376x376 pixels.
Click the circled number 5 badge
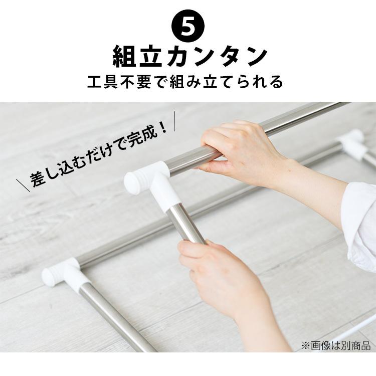coord(187,27)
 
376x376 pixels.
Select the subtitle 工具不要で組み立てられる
coord(187,82)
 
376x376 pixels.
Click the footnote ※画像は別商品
coord(335,345)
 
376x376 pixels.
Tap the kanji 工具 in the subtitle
coord(103,82)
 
